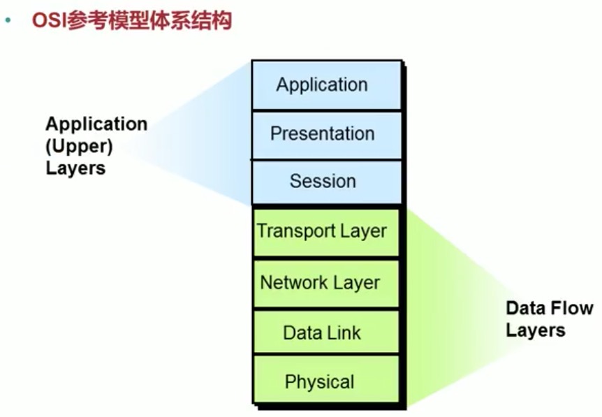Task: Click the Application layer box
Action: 326,85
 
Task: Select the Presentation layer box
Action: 326,134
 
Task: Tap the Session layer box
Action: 326,182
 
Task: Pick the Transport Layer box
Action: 325,231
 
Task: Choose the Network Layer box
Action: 325,283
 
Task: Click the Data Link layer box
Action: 325,332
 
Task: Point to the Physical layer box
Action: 325,382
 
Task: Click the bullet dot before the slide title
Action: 9,20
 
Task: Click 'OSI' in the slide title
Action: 46,20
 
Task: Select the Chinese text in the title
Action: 147,20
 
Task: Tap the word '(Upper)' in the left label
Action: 79,146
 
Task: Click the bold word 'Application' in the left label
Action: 96,124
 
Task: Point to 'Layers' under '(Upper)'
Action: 75,168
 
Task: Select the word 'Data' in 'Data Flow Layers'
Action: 525,308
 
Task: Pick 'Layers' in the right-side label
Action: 536,330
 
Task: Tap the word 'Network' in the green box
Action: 293,283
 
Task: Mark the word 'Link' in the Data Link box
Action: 346,332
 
